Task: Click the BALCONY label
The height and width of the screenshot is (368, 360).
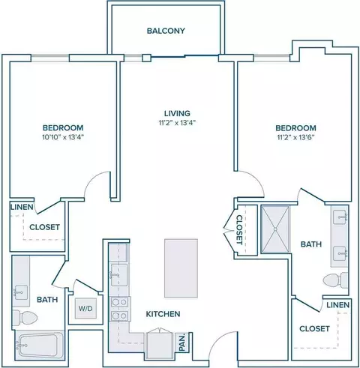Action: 166,31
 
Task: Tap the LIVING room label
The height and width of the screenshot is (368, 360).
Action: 177,113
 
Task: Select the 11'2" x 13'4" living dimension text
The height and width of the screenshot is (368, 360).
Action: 177,123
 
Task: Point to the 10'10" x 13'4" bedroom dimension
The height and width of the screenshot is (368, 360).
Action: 63,137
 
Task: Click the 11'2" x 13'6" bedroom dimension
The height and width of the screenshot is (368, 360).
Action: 295,137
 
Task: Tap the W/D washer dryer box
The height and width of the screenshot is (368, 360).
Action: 85,308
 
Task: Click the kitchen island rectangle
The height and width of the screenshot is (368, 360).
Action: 181,268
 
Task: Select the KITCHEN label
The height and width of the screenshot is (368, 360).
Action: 163,314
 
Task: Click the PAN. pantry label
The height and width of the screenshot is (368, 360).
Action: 182,342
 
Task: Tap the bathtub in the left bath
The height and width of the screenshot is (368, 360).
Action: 39,345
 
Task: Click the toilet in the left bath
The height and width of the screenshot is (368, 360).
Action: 25,318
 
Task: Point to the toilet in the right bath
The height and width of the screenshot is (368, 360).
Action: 335,280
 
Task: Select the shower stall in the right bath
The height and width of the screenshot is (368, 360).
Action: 275,229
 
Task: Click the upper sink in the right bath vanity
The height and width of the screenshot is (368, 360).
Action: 340,217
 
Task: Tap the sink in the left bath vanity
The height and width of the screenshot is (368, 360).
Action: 21,292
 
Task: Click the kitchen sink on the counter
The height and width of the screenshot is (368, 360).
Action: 119,275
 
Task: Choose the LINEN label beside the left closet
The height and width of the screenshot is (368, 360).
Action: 22,207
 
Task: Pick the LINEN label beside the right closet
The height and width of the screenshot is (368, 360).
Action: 337,305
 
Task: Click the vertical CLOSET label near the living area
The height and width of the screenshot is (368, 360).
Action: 239,229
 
